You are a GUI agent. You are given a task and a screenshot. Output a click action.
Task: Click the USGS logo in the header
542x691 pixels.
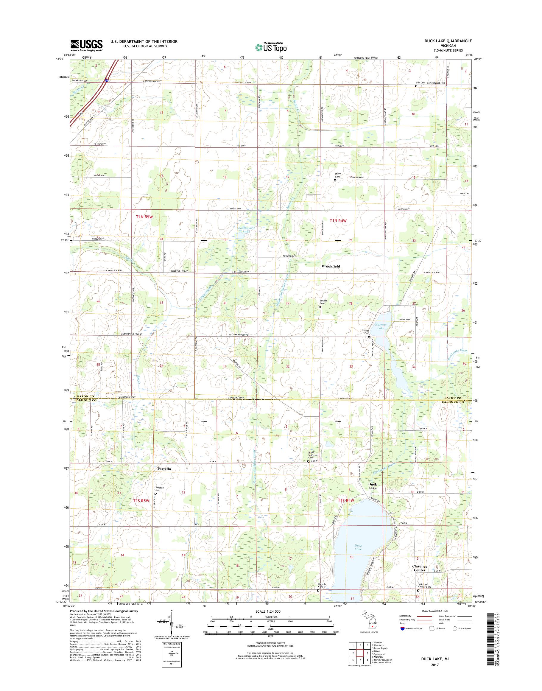pyautogui.click(x=86, y=45)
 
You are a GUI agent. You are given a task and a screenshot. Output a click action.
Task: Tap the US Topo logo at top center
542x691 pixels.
pyautogui.click(x=271, y=47)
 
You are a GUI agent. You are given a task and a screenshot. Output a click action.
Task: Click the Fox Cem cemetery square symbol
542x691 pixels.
pyautogui.click(x=416, y=86)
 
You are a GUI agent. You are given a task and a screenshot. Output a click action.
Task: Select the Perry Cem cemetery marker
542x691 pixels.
pyautogui.click(x=335, y=180)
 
